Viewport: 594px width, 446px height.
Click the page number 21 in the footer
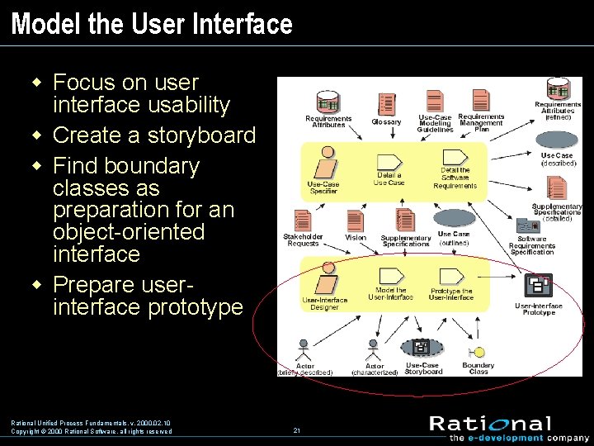(296, 430)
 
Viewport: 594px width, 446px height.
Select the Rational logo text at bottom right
(490, 424)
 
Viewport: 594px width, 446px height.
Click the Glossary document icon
(386, 104)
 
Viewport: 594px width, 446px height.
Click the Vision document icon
(356, 219)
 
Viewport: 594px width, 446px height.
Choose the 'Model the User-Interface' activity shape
(389, 276)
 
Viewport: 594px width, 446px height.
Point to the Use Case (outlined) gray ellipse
(454, 219)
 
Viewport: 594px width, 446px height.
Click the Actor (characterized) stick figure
(373, 349)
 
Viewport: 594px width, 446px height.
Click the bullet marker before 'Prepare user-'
(35, 284)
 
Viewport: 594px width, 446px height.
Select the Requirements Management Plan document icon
(479, 100)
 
